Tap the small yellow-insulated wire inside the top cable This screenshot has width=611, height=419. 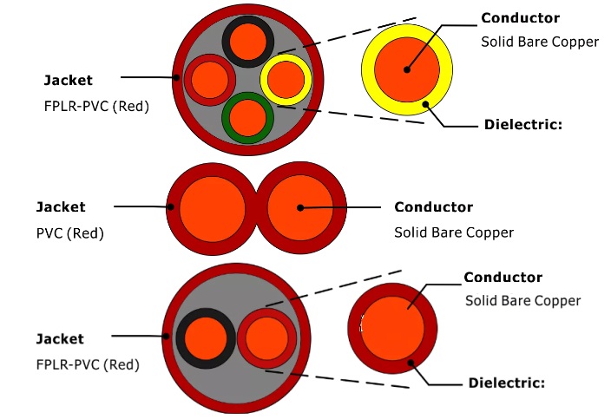[286, 80]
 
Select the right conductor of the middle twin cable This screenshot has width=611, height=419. [300, 207]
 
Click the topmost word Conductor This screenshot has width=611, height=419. [520, 18]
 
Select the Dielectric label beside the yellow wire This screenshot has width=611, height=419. [523, 125]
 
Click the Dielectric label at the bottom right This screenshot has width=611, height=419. [507, 383]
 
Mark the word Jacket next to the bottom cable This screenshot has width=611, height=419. [61, 337]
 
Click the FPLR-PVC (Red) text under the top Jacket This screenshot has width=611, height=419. [96, 108]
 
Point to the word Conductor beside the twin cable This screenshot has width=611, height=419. [433, 207]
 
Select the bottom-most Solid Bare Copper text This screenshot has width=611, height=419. [522, 301]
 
